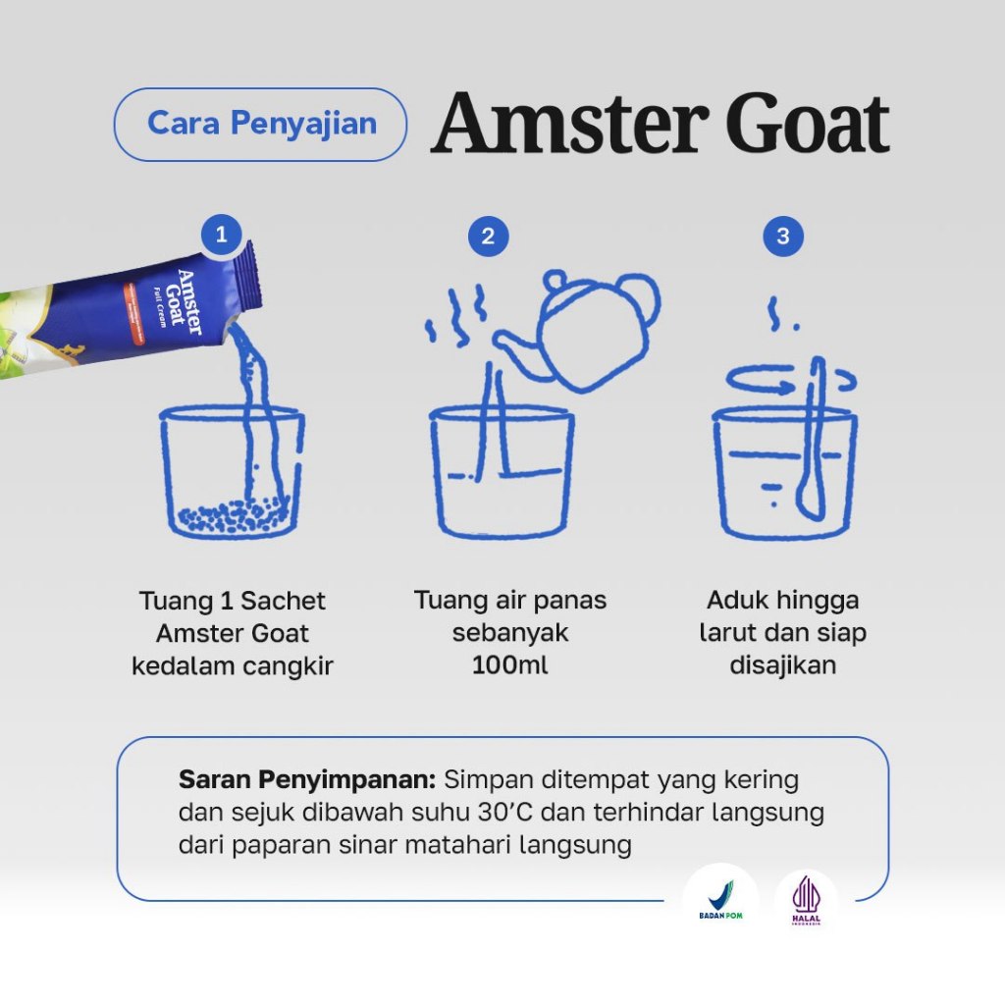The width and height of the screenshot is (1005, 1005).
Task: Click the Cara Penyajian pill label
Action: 261,125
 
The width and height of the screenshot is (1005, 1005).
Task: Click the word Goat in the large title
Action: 807,124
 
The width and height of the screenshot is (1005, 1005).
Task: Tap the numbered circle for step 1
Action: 221,235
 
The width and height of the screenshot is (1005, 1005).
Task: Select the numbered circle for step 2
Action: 489,237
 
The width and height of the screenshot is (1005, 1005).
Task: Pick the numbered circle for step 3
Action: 783,237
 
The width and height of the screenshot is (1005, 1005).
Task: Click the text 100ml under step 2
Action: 510,664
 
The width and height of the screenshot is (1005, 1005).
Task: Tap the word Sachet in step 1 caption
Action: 283,602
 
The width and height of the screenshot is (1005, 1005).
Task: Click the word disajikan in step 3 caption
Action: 782,665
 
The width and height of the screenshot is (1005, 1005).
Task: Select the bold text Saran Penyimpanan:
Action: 307,780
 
